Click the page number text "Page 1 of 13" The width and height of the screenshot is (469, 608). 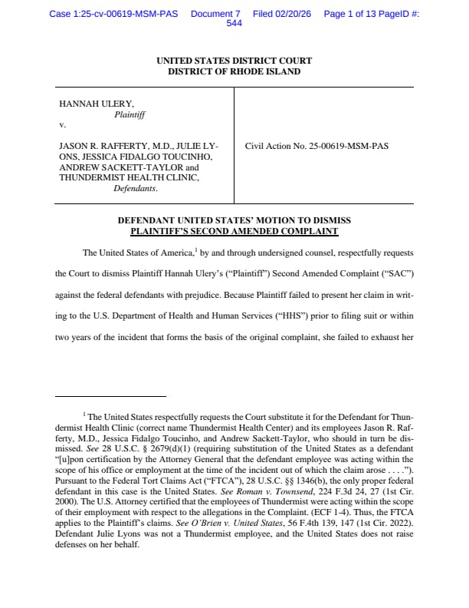(356, 14)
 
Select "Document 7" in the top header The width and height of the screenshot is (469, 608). (215, 14)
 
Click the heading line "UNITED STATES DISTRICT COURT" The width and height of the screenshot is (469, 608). (234, 61)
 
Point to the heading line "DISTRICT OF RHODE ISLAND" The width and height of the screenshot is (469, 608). (234, 71)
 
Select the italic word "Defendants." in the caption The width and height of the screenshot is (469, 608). (136, 188)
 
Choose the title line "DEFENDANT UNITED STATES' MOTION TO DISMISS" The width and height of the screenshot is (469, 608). (234, 220)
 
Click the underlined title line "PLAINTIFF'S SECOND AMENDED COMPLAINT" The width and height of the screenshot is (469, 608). (234, 230)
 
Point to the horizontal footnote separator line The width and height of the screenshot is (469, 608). (111, 396)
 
